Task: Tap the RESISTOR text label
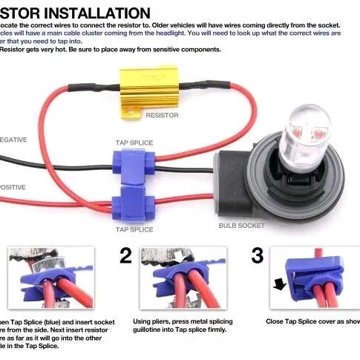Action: (x=161, y=116)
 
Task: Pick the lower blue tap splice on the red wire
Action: (x=132, y=200)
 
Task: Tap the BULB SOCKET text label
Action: (x=242, y=225)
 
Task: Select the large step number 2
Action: (x=126, y=257)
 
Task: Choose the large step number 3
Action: (x=257, y=257)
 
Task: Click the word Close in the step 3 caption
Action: (x=275, y=321)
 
